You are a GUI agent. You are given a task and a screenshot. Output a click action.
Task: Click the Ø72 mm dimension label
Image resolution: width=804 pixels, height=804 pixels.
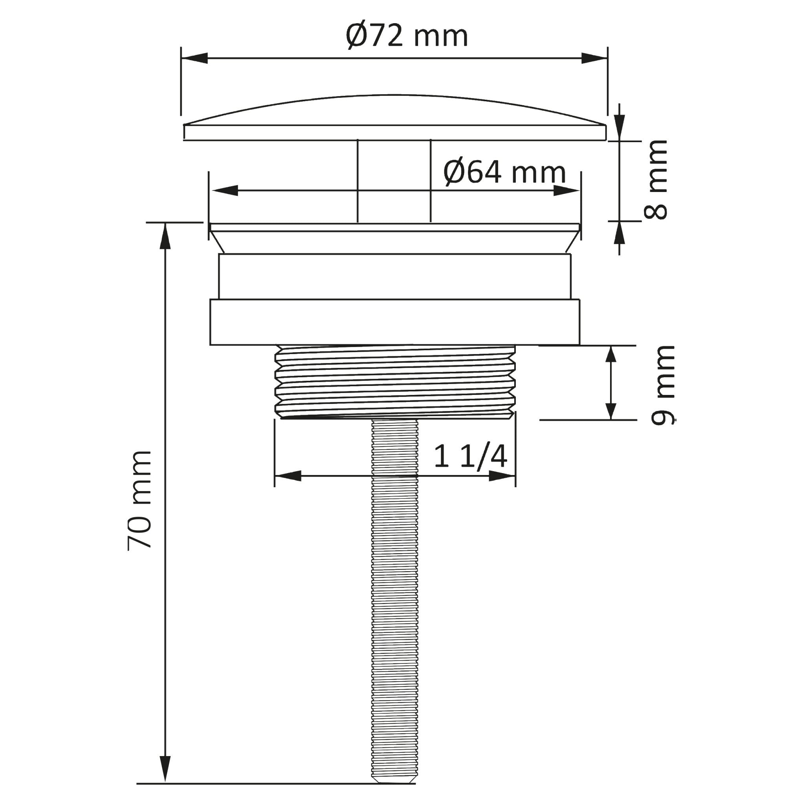tap(407, 36)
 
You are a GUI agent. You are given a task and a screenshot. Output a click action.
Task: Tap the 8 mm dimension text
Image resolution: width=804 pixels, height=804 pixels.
tap(656, 180)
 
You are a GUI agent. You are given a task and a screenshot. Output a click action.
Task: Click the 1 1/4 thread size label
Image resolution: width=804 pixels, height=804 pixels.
tap(470, 457)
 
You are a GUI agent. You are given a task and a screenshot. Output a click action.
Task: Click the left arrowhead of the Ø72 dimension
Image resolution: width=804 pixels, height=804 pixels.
tap(195, 58)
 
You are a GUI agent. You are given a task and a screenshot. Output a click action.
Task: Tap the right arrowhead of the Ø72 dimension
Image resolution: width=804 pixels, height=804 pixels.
tap(594, 58)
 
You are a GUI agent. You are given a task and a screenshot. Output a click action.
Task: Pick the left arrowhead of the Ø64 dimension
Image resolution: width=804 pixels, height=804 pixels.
tap(225, 190)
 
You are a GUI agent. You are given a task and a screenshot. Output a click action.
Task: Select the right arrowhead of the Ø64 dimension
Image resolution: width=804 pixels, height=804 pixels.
tap(566, 190)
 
